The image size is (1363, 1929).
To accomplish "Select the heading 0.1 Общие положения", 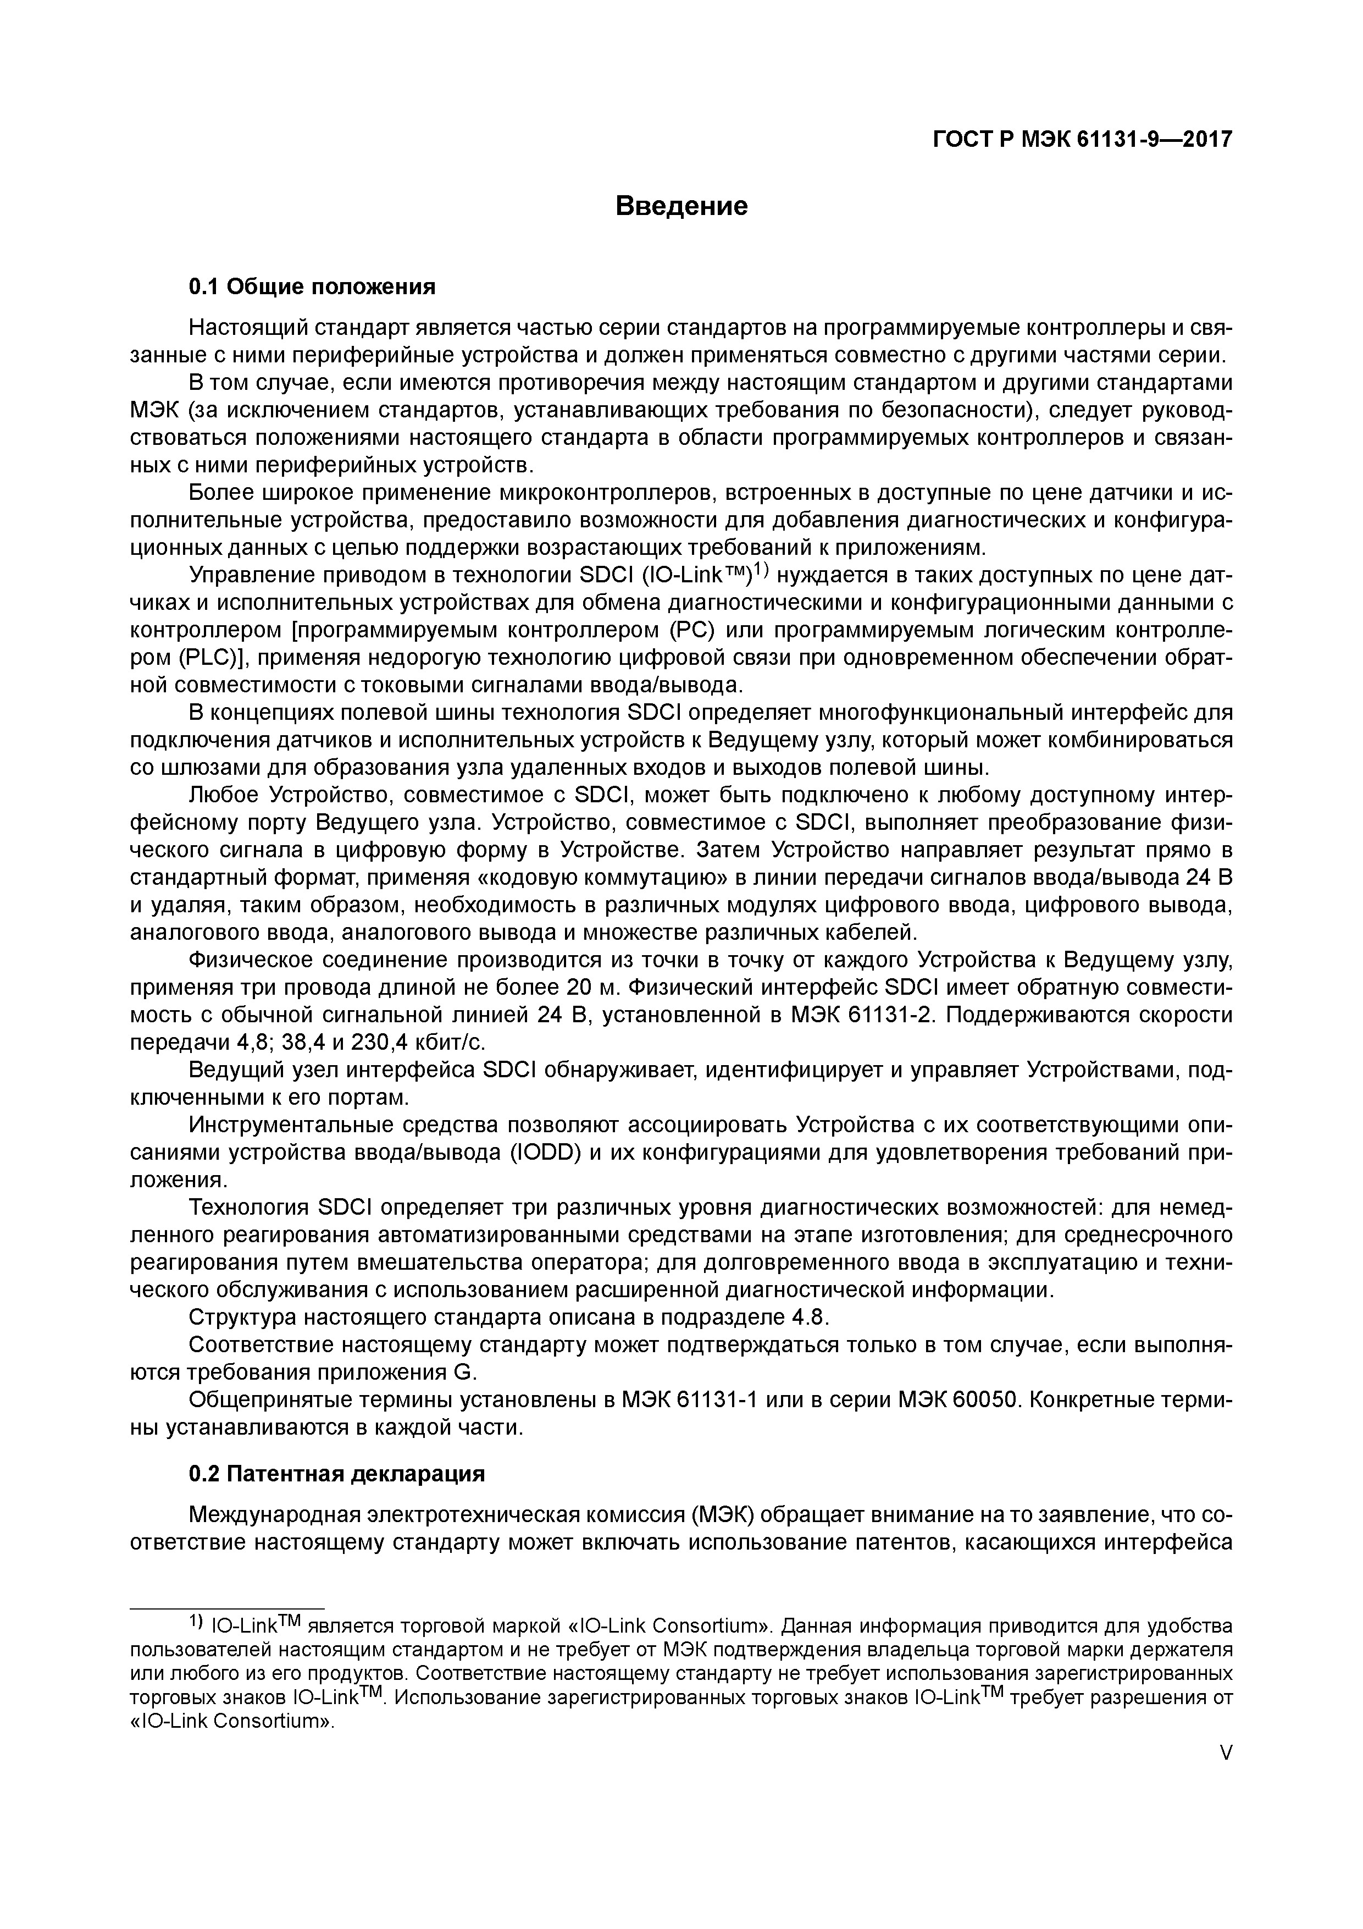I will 312,288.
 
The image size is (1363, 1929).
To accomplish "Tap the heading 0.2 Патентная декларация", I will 337,1474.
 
